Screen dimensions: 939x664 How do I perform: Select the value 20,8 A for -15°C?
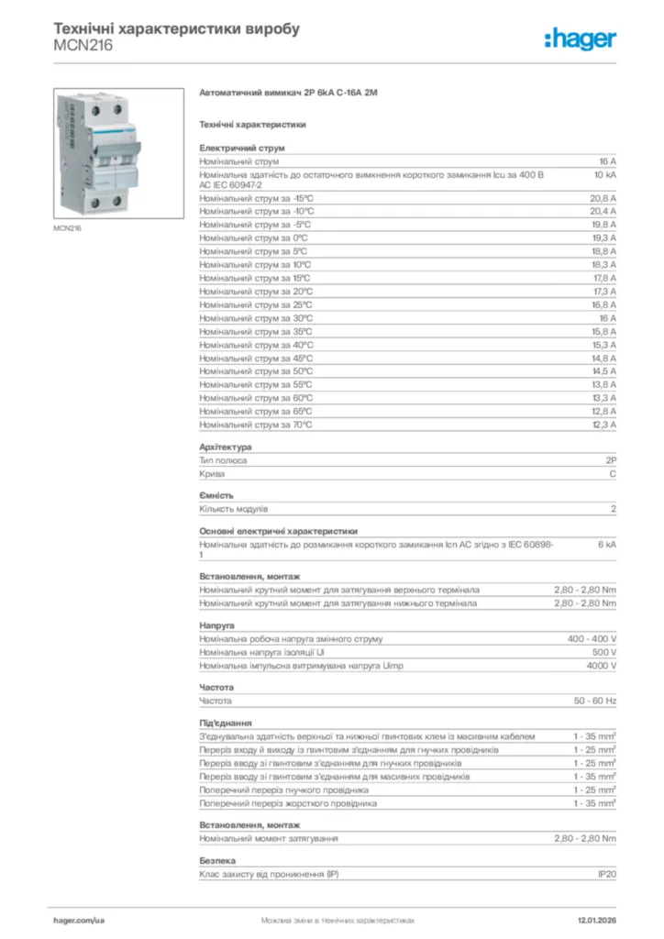tap(603, 198)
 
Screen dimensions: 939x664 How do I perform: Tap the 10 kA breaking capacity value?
tap(604, 173)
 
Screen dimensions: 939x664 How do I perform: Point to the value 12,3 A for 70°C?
tap(603, 425)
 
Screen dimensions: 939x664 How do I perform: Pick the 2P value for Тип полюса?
tap(611, 460)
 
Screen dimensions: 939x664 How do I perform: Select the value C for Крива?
tap(613, 474)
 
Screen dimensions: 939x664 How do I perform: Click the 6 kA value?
tap(607, 544)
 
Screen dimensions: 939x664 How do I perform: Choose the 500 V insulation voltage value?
tap(604, 652)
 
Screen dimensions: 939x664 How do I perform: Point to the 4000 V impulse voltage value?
tap(602, 666)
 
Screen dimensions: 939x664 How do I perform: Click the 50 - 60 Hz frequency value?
tap(595, 701)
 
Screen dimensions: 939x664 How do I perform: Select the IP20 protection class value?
tap(606, 874)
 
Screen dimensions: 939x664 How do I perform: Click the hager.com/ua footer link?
tap(80, 919)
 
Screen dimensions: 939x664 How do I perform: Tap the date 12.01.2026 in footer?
tap(596, 919)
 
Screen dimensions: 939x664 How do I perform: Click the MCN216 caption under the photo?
tap(67, 228)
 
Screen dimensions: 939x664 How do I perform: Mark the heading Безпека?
tap(217, 861)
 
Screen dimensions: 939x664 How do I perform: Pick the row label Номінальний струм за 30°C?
tap(256, 318)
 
